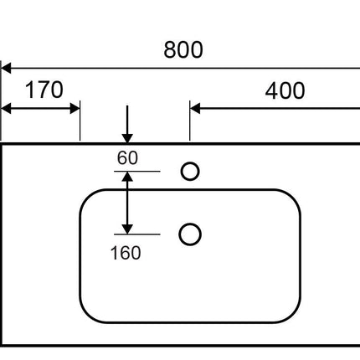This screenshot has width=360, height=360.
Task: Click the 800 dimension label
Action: pos(183,49)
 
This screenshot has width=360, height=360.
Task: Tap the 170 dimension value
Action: pos(44,90)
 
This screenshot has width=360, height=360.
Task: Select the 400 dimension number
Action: pos(285,90)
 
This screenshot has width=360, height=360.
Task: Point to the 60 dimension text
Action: pos(127,157)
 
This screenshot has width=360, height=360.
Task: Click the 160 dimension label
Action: pos(126,253)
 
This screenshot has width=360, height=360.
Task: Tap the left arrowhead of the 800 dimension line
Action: pos(6,68)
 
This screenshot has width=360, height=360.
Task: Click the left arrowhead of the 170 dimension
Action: pos(6,108)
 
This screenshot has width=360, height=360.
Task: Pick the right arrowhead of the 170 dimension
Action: pos(75,108)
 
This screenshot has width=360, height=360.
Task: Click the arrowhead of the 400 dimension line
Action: pos(195,108)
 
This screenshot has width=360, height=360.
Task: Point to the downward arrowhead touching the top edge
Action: pos(127,138)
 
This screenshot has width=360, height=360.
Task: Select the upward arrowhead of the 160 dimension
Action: pos(127,177)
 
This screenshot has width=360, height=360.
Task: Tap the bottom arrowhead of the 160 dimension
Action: pos(127,229)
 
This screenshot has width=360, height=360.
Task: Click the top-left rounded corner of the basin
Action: pos(87,198)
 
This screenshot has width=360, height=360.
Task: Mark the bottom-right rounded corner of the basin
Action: pos(293,315)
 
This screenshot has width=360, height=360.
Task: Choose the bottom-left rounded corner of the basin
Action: pos(87,315)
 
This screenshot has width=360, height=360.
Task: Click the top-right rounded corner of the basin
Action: pos(293,198)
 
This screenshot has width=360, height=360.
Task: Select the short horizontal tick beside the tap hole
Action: pos(137,171)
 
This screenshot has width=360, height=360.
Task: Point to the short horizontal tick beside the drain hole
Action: pos(137,234)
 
